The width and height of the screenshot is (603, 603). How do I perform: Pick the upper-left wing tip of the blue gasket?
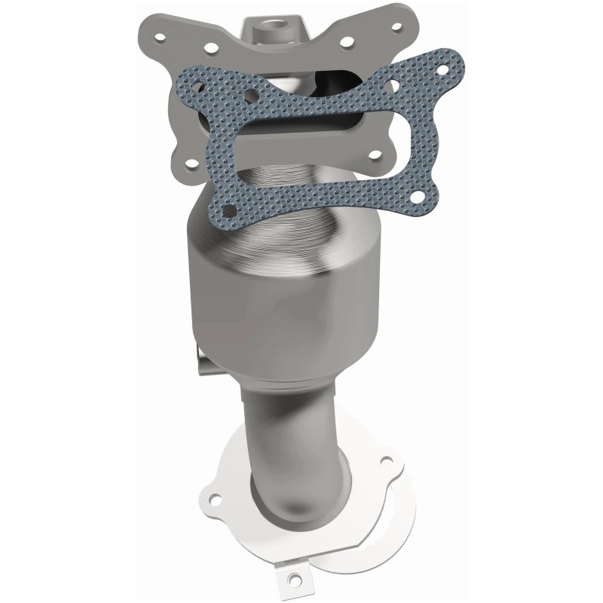pyautogui.click(x=185, y=77)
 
